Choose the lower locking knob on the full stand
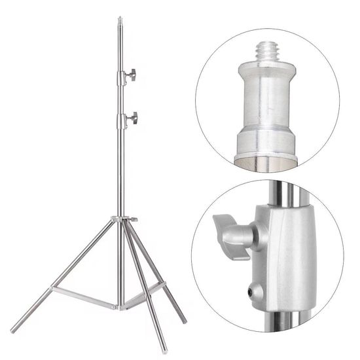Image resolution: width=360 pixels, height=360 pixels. [x=134, y=118]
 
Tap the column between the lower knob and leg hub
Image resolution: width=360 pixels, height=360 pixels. [x=120, y=170]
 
